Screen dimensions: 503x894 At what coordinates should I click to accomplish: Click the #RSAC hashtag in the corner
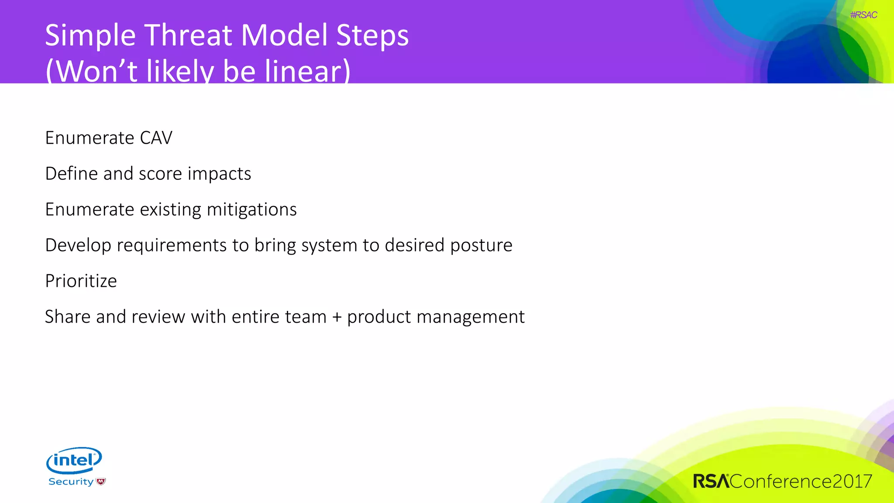(863, 15)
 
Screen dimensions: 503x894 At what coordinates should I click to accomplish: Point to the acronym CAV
(156, 138)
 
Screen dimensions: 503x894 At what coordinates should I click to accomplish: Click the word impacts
(219, 174)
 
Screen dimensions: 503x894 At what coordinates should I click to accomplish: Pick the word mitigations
(251, 210)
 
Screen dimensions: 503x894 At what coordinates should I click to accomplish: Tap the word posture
(481, 245)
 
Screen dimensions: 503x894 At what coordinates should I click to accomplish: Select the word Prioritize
(81, 281)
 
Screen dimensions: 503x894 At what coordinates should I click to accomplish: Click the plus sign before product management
(337, 317)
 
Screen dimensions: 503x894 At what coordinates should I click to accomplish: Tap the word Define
(72, 174)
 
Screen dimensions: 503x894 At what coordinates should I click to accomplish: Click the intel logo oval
(74, 460)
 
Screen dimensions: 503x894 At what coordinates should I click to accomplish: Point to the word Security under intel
(71, 482)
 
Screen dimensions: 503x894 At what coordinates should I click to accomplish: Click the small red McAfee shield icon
(101, 482)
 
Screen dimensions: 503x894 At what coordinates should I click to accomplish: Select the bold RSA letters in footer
(711, 481)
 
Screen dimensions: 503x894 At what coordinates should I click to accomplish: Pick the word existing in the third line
(171, 210)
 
